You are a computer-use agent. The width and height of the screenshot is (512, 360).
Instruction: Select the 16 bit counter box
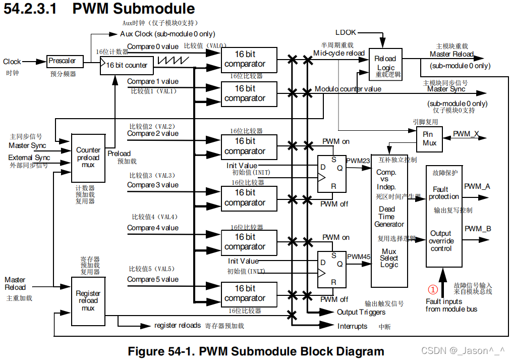point(126,65)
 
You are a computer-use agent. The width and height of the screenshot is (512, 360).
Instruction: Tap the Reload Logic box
point(385,64)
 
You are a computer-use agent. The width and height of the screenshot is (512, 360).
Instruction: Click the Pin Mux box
point(429,139)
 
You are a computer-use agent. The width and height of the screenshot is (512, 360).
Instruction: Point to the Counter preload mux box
point(88,158)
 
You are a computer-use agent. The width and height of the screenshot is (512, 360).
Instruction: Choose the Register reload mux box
point(88,300)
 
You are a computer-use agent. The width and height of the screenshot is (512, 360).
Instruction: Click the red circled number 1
point(433,290)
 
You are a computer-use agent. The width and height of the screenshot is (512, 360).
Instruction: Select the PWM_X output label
point(466,134)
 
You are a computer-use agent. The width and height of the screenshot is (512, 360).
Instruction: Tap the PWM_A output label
point(477,186)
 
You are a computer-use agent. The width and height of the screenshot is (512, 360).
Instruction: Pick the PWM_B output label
point(478,229)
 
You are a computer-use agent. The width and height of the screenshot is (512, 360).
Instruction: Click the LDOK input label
point(346,32)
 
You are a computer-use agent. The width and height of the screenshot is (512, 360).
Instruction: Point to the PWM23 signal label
point(358,161)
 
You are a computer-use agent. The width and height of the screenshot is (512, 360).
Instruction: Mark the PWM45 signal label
point(359,256)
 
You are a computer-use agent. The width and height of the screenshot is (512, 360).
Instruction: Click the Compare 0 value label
point(152,46)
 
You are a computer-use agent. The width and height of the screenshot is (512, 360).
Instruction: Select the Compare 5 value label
point(152,279)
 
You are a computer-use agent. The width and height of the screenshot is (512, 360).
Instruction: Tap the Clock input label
point(12,62)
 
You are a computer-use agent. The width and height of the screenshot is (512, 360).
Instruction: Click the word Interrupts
point(352,326)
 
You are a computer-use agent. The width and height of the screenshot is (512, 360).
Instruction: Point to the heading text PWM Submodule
point(134,9)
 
